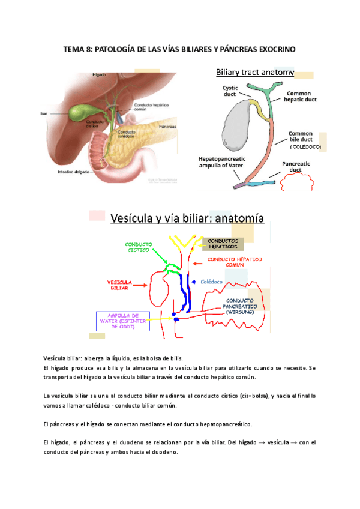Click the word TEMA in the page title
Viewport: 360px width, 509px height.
pyautogui.click(x=74, y=49)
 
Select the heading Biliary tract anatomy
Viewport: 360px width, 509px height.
pyautogui.click(x=254, y=73)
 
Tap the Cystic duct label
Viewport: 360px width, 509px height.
pyautogui.click(x=230, y=91)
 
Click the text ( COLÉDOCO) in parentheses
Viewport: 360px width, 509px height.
pyautogui.click(x=305, y=146)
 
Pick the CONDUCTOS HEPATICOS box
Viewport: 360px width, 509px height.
pyautogui.click(x=227, y=244)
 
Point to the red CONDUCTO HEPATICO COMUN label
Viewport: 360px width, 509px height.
pyautogui.click(x=235, y=262)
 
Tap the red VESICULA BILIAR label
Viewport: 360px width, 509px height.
pyautogui.click(x=119, y=284)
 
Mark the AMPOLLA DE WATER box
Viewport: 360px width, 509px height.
pyautogui.click(x=123, y=321)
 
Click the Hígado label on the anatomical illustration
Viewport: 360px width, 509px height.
pyautogui.click(x=98, y=75)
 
